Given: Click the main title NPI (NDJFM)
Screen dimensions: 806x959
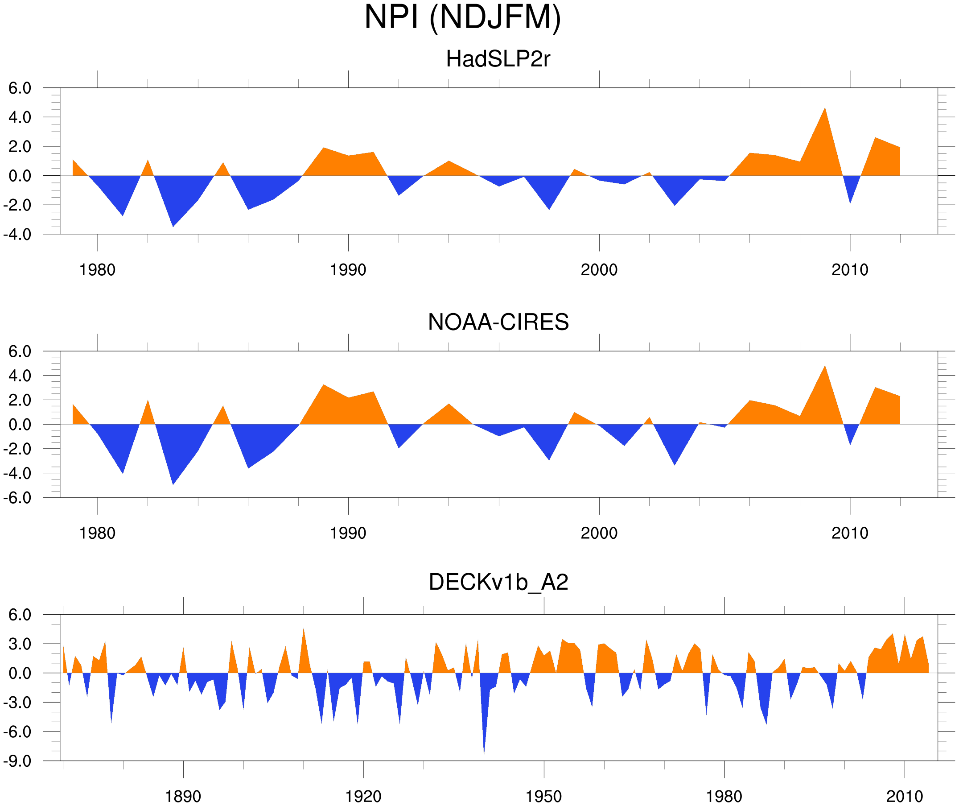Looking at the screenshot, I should [462, 17].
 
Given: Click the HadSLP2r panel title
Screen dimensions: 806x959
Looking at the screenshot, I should [498, 59].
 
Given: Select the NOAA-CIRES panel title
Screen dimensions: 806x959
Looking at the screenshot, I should [498, 322].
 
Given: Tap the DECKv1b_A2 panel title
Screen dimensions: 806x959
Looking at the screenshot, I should [498, 582].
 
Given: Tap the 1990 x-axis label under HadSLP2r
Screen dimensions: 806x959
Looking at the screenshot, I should [348, 270].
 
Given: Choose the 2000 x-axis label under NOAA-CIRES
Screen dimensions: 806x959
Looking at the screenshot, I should [599, 533].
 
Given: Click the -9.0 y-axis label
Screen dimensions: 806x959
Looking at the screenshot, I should [17, 761].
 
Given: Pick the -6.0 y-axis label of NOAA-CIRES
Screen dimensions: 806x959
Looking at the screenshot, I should [17, 498].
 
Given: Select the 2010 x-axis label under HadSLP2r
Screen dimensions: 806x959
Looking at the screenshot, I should [849, 270].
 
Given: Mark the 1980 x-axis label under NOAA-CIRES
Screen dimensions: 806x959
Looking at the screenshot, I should [97, 533].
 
